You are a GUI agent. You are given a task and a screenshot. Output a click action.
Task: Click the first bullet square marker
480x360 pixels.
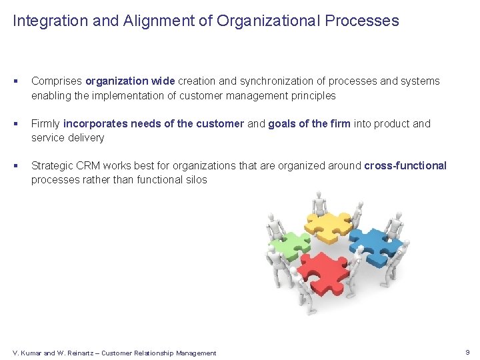click(15, 81)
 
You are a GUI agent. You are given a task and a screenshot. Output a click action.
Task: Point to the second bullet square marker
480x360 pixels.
click(15, 124)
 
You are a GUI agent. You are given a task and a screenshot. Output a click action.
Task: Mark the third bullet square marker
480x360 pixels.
click(15, 166)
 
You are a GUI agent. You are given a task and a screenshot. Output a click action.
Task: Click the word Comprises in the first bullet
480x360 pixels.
click(57, 81)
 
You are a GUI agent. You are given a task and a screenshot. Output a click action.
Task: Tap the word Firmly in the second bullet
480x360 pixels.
click(46, 124)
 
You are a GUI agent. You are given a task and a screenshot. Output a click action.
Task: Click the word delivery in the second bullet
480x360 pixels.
click(86, 138)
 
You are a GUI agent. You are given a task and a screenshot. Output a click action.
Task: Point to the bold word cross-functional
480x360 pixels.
click(405, 166)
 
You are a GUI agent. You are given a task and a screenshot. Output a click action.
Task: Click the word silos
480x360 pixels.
click(194, 180)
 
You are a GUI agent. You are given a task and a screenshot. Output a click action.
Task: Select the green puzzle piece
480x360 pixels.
click(289, 245)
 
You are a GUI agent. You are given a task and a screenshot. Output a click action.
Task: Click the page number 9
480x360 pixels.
click(467, 352)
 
